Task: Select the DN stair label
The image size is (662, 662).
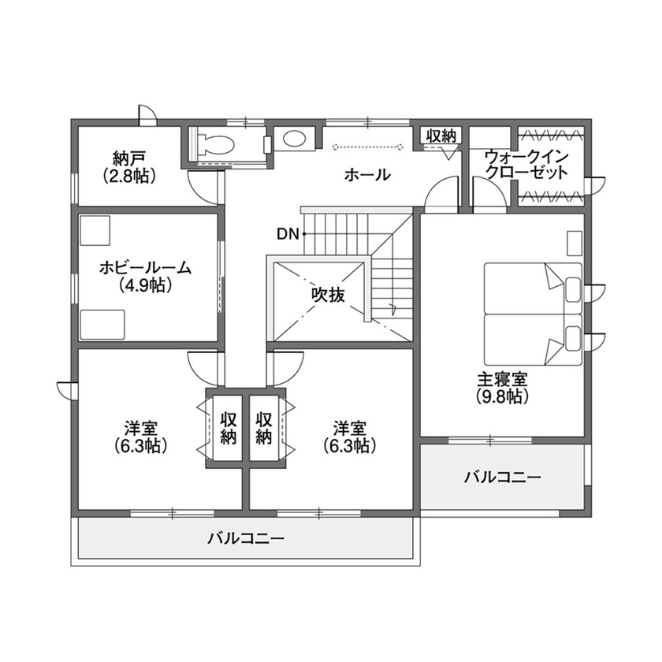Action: pos(288,233)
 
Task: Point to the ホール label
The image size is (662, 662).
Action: pos(367,175)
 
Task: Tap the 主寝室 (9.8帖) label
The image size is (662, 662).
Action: pos(501,386)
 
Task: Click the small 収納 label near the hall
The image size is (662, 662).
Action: pos(441,136)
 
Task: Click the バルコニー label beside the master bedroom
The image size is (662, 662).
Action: pos(502,478)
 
